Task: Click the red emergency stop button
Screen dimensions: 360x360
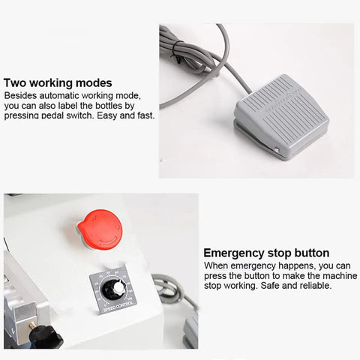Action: [x=100, y=229]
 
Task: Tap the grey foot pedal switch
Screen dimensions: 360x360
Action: [x=281, y=116]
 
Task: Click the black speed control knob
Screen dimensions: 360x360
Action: [x=113, y=289]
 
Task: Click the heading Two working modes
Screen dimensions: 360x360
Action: [x=58, y=82]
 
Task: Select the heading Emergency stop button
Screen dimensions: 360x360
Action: [x=266, y=253]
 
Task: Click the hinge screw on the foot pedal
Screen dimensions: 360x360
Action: [x=277, y=150]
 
